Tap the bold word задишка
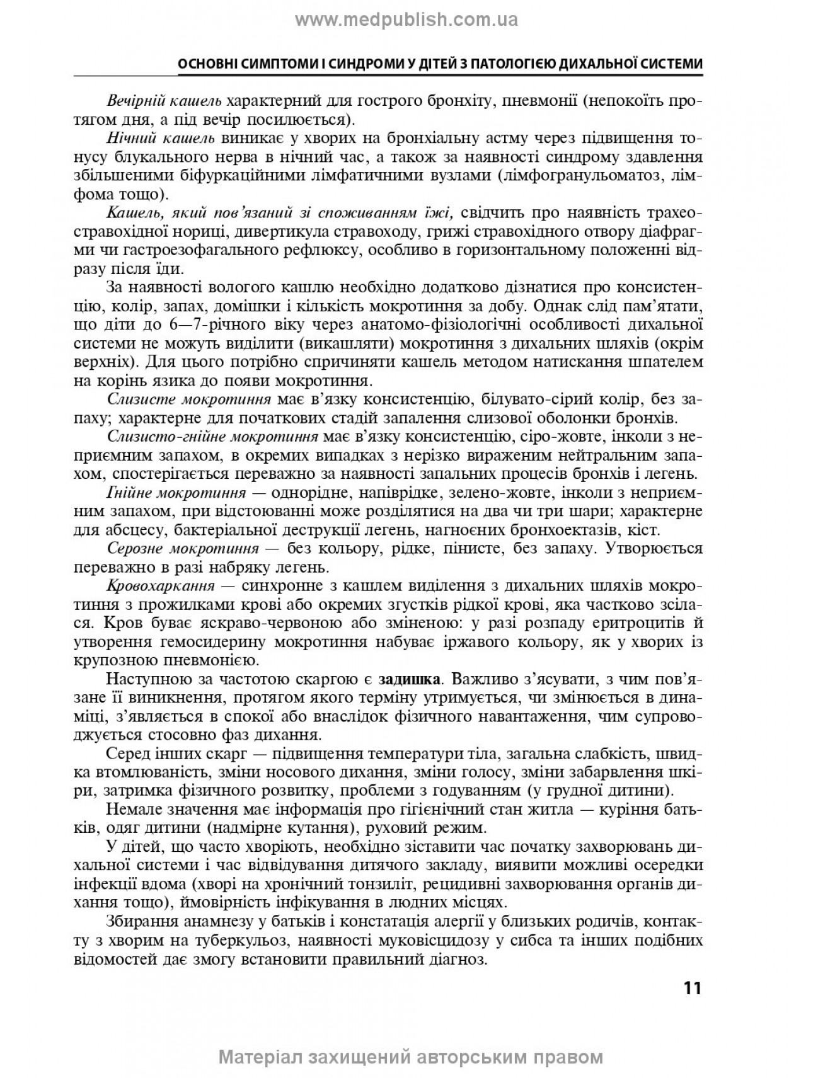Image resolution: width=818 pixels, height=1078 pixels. pyautogui.click(x=409, y=680)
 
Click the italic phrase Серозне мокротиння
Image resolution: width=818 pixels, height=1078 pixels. pyautogui.click(x=183, y=549)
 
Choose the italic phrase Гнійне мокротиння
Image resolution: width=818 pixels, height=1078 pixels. pyautogui.click(x=176, y=493)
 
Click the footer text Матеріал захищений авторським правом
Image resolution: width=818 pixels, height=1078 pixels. pyautogui.click(x=410, y=1057)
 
